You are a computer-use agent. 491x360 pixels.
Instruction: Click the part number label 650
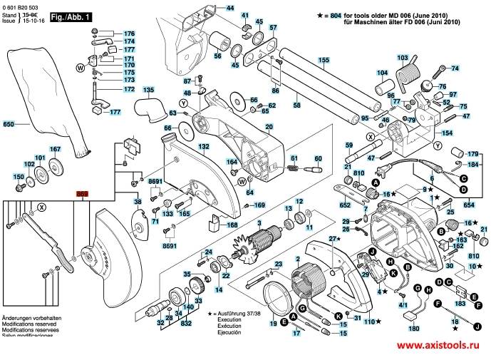click(x=9, y=125)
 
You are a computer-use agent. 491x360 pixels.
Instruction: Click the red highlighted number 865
click(x=82, y=193)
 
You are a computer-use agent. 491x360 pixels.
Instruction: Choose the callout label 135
click(x=148, y=91)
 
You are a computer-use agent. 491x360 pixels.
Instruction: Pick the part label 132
click(x=204, y=146)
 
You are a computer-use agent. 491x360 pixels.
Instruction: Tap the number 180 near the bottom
click(x=414, y=329)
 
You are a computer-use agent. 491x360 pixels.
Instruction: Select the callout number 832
click(x=185, y=324)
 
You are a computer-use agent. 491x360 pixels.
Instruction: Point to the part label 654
click(x=468, y=205)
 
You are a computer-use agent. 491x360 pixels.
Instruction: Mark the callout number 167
click(x=55, y=149)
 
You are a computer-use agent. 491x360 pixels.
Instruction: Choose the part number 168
click(x=232, y=226)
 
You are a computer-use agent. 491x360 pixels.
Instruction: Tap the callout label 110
click(x=369, y=322)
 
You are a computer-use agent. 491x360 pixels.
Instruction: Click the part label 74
click(x=456, y=68)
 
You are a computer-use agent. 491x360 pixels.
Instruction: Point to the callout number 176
click(x=129, y=34)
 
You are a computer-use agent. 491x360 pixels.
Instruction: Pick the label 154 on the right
click(x=448, y=133)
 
